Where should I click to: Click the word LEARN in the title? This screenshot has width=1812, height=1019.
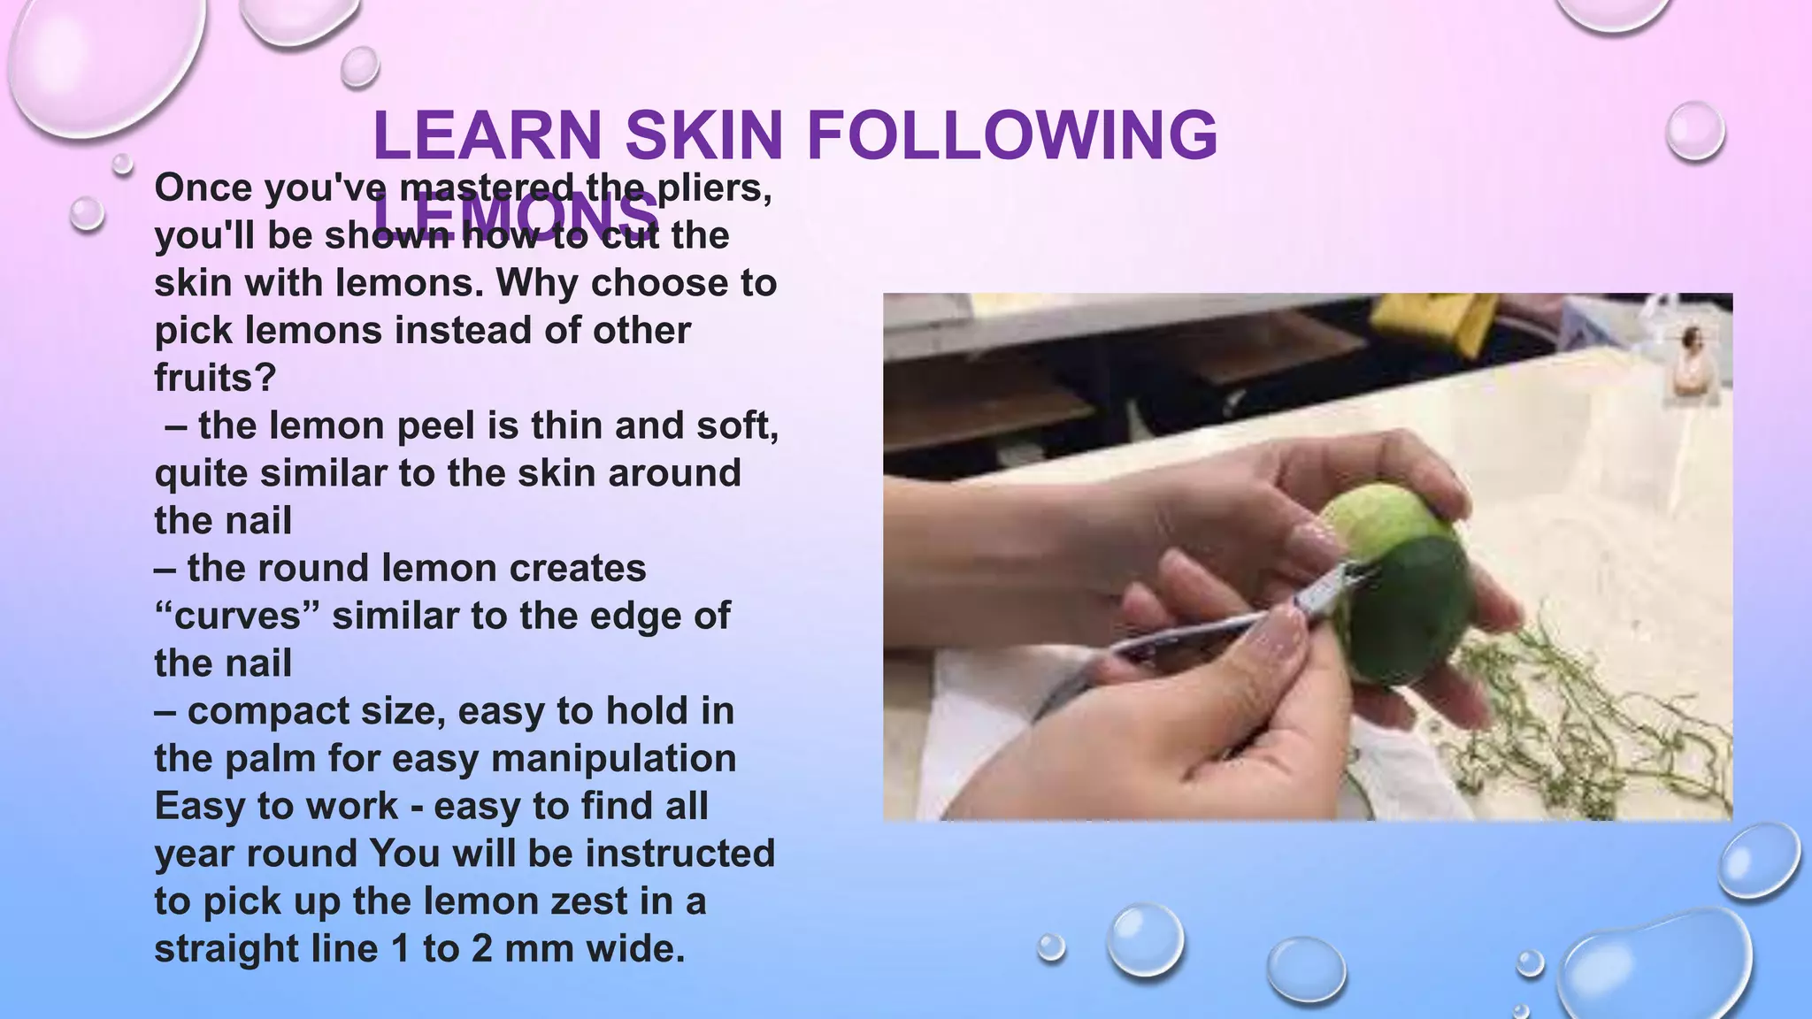(488, 135)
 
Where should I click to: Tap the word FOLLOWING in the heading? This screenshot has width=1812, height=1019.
(1012, 135)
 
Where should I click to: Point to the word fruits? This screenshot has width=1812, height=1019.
(215, 378)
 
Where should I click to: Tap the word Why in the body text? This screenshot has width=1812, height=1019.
(537, 283)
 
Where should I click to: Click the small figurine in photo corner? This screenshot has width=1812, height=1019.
(1692, 363)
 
